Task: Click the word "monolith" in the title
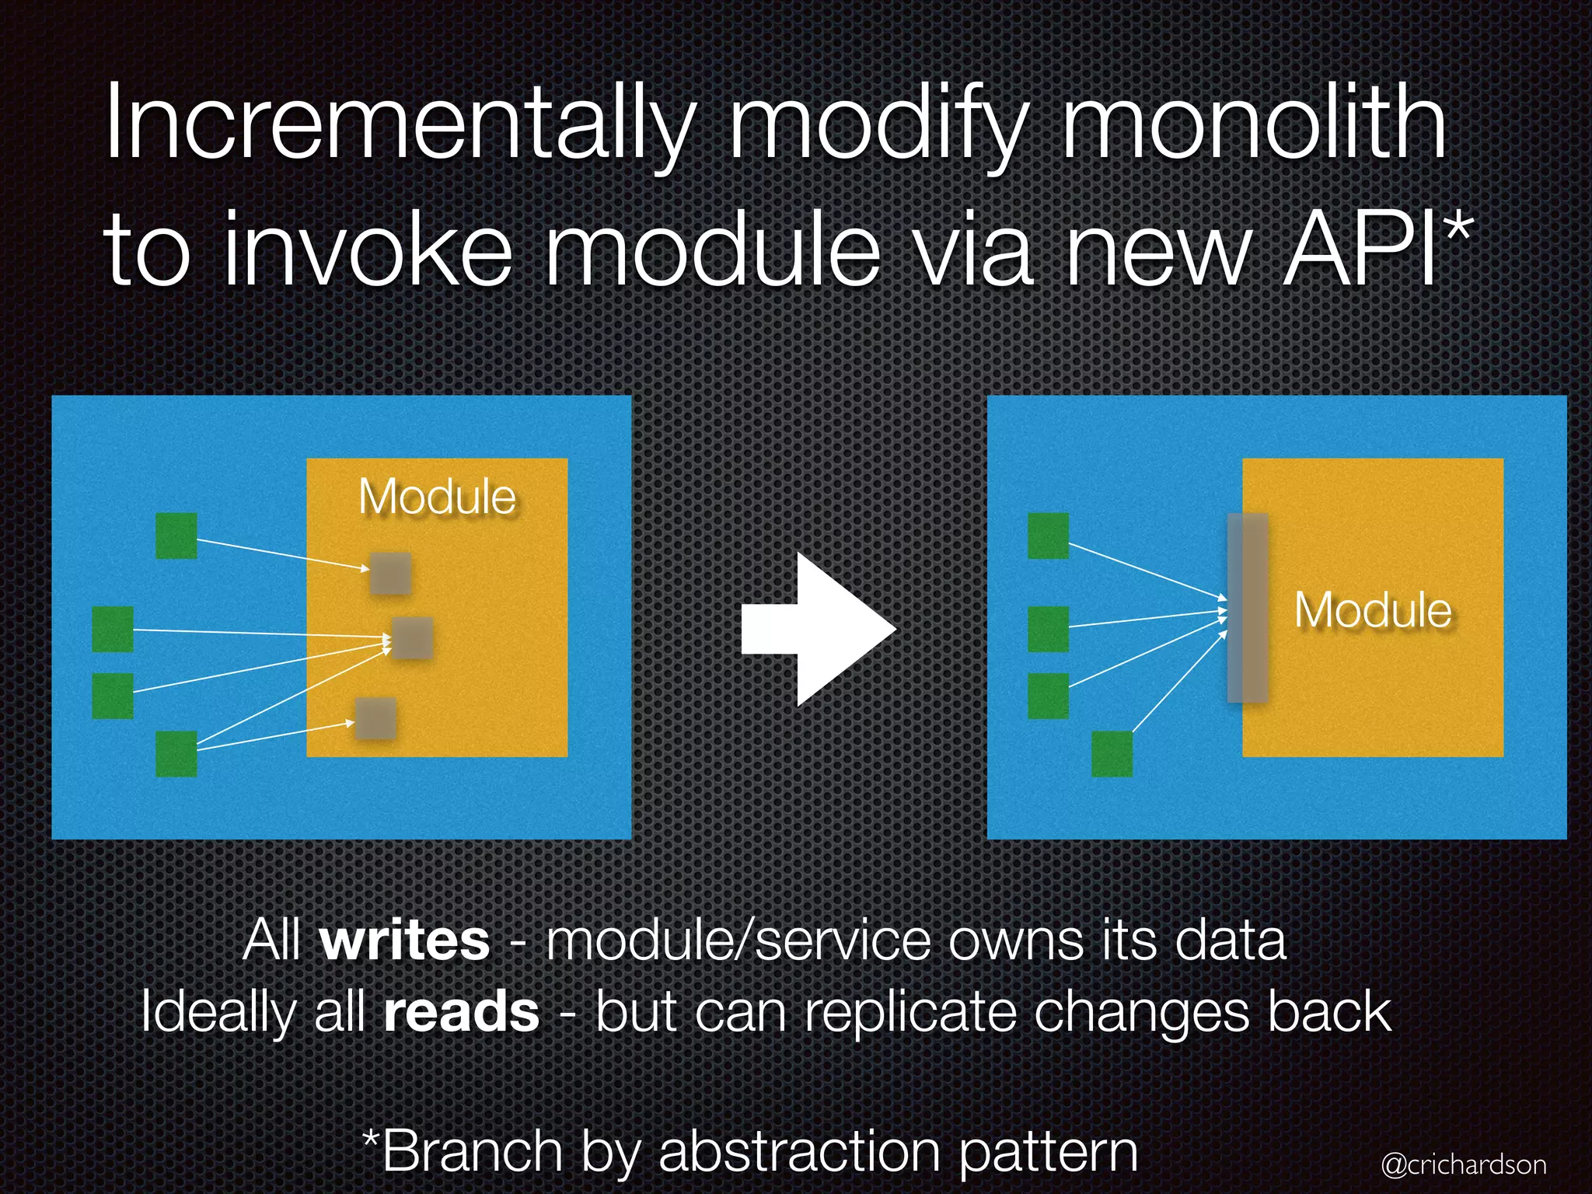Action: (1253, 124)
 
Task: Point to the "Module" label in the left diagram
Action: (437, 497)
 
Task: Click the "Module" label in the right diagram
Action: (1373, 610)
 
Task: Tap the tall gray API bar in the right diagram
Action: (1248, 608)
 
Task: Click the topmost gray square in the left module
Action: (390, 574)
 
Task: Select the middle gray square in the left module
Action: (412, 638)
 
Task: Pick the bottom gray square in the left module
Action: (376, 718)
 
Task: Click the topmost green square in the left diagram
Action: (176, 536)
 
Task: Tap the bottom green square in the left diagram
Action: (176, 754)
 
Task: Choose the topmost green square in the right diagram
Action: (1048, 536)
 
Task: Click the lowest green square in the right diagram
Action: (1112, 754)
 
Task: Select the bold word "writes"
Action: (404, 941)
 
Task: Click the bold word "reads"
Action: (462, 1012)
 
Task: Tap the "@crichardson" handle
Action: (1464, 1164)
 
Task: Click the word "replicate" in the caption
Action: (911, 1012)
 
